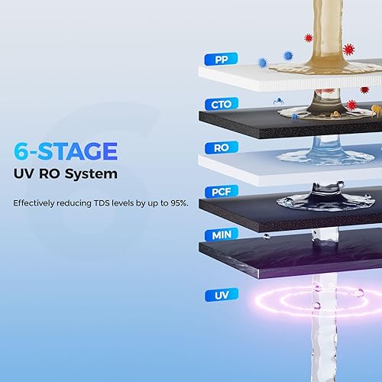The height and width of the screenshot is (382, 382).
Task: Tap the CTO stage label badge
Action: pos(220,103)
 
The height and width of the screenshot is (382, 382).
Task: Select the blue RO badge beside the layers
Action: pos(220,147)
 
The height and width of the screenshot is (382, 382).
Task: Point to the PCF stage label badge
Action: pos(220,193)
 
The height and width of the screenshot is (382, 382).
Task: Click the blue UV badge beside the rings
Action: pos(220,294)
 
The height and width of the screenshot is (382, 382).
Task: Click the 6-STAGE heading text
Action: pos(65,151)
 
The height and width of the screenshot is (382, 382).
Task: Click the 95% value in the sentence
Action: pos(177,203)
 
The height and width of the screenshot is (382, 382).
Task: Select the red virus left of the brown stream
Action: pos(309,37)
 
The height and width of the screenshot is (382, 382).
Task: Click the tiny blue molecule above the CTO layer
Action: pos(279,100)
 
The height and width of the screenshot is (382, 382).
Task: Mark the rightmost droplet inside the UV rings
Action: pos(358,293)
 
